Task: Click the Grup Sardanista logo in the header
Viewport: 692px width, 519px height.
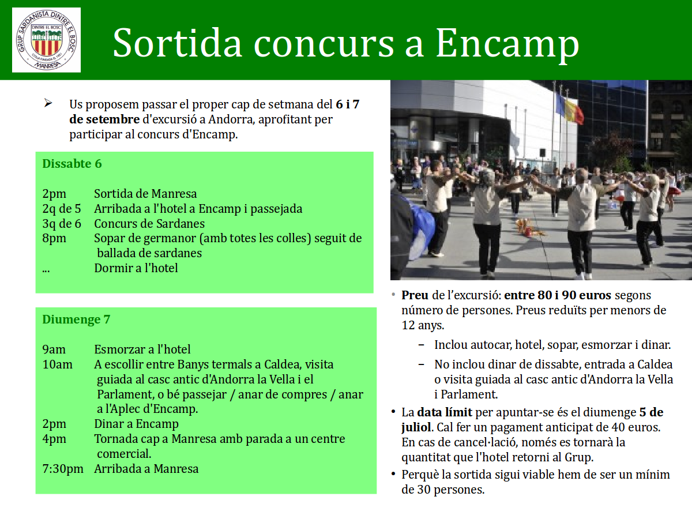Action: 46,40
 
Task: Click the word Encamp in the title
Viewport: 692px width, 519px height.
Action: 507,43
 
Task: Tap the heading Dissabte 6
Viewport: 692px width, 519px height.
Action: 72,164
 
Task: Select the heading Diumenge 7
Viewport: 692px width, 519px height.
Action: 76,319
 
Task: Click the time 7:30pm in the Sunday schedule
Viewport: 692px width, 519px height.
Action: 63,469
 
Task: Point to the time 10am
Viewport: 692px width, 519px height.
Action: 57,364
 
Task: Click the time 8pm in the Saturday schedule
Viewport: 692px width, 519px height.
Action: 54,239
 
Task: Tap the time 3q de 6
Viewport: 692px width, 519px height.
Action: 62,224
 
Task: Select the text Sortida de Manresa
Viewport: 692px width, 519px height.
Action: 145,194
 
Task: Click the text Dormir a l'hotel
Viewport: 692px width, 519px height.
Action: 136,268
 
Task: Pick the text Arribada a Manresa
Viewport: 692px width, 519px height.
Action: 146,469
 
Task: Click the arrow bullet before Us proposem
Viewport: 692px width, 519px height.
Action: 48,103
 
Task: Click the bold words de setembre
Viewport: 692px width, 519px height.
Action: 104,119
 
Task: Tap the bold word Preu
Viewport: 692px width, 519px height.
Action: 415,295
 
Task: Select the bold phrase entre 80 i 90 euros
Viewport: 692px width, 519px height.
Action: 558,295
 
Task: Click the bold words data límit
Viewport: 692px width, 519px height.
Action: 445,412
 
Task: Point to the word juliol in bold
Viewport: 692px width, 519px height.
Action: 416,428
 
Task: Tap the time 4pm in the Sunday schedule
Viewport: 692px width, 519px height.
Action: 54,439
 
